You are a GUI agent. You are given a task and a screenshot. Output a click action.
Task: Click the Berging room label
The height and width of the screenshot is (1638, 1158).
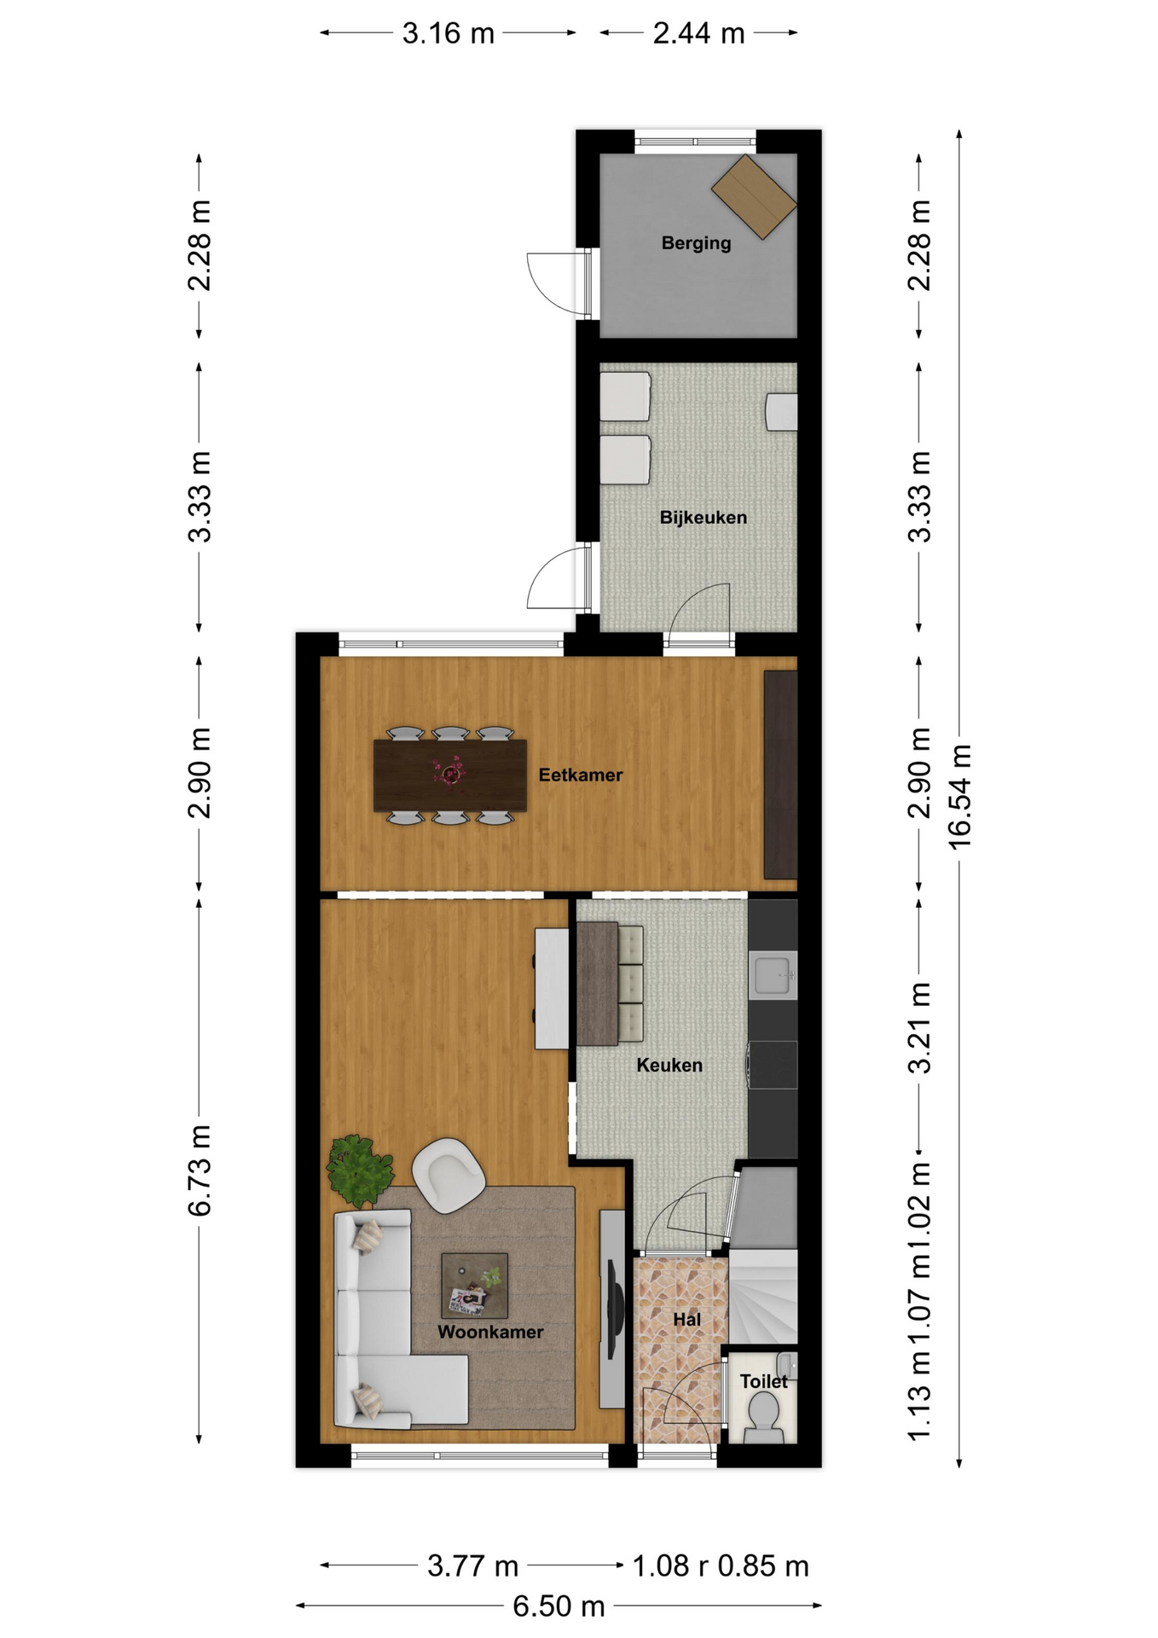click(696, 243)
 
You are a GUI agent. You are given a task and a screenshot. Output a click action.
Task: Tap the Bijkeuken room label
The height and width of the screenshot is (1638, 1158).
click(703, 517)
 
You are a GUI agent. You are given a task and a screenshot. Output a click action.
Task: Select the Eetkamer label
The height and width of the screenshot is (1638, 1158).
click(580, 775)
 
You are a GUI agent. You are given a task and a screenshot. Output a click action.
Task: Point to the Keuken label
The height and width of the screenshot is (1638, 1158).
click(669, 1065)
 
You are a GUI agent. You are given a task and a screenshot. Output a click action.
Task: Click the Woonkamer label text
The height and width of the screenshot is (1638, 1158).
click(490, 1332)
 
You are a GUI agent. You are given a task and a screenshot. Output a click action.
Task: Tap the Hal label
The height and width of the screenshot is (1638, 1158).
click(686, 1320)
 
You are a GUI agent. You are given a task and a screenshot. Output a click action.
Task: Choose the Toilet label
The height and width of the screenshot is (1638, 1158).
click(763, 1381)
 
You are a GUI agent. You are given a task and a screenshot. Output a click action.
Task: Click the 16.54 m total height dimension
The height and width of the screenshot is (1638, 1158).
click(960, 797)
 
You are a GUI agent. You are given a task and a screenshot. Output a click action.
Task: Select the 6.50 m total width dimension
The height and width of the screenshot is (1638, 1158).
click(559, 1606)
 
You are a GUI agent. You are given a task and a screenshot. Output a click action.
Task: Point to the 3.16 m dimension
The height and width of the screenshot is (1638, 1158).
click(449, 33)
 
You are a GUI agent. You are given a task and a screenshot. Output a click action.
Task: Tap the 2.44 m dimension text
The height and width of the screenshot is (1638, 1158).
click(698, 33)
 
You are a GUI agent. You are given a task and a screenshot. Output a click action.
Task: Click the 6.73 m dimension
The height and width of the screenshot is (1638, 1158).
click(200, 1170)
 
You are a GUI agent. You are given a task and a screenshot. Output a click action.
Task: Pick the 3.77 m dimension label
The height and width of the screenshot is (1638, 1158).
click(472, 1565)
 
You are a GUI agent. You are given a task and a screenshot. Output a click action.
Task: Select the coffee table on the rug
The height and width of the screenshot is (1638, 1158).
click(474, 1285)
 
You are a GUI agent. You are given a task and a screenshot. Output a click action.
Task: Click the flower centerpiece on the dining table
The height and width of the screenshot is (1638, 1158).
click(449, 772)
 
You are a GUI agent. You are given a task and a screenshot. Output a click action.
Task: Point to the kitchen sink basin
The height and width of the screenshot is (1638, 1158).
click(773, 975)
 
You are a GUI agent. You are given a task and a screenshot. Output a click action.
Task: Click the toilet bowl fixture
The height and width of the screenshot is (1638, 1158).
click(763, 1417)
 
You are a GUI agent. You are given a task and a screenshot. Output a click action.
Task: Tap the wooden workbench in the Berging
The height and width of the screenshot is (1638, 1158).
click(755, 196)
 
